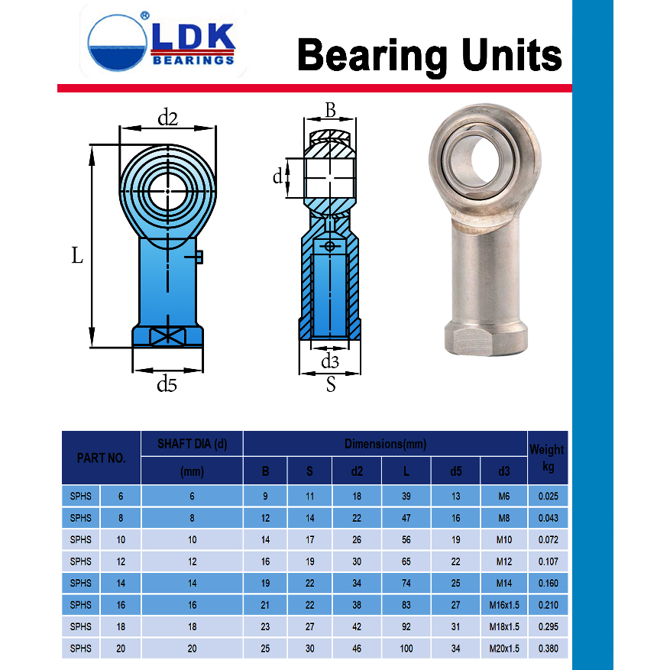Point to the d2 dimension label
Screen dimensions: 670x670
pyautogui.click(x=167, y=118)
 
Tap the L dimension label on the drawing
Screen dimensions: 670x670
pyautogui.click(x=77, y=255)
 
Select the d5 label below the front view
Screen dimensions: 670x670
pyautogui.click(x=167, y=384)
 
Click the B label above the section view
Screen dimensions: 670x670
pyautogui.click(x=330, y=110)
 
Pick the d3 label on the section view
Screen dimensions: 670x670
pyautogui.click(x=330, y=361)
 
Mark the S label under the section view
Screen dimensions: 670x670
pyautogui.click(x=331, y=384)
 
